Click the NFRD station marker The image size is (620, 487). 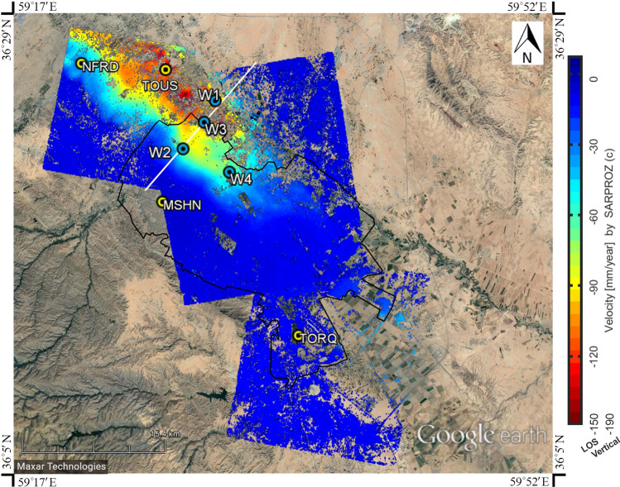(x=80, y=64)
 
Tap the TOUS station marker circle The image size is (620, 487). (x=166, y=70)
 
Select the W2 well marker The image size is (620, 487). (x=184, y=150)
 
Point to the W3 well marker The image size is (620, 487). (x=204, y=122)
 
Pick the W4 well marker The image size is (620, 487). (x=229, y=172)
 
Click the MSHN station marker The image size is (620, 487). (x=162, y=202)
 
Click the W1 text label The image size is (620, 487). (x=209, y=94)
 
